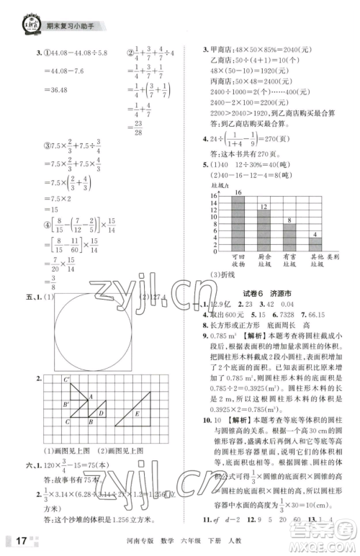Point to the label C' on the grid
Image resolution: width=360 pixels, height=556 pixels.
pos(67,380)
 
